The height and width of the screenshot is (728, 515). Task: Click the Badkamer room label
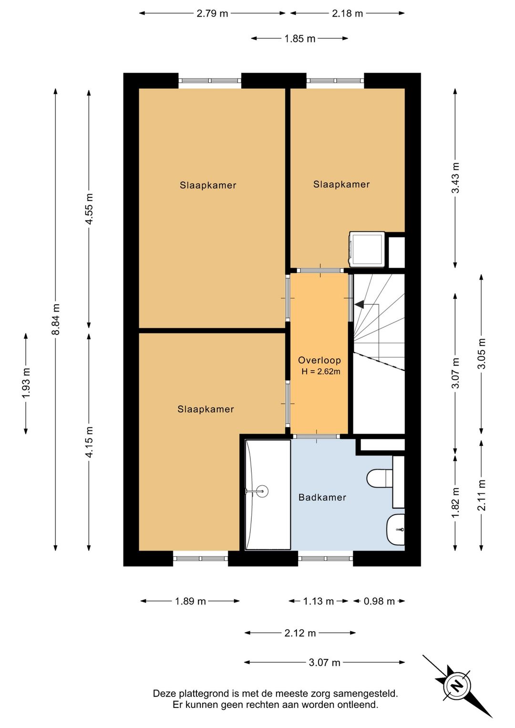322,497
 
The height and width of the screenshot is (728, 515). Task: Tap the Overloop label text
319,360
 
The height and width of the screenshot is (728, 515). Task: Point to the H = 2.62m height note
321,372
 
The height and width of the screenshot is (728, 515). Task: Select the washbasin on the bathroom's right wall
395,530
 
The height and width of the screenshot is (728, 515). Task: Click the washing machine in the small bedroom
367,250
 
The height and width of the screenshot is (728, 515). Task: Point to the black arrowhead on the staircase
360,304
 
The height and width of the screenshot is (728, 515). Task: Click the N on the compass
457,686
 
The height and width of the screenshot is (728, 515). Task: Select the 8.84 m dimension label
56,319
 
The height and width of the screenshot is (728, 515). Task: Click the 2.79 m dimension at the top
212,14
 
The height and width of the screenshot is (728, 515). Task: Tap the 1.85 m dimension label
300,39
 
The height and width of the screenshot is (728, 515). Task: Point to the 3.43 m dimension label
455,178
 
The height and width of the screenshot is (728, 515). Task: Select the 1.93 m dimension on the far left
26,383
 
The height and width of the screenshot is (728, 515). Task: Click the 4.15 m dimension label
89,442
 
